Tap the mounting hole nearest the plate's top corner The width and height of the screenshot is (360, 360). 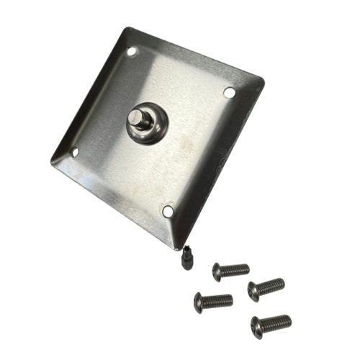[x=132, y=51]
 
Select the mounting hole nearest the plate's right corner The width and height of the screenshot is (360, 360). [x=229, y=92]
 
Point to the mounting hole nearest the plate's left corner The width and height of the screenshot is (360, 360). [x=73, y=152]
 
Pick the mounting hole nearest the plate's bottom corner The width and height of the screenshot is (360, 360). [x=168, y=211]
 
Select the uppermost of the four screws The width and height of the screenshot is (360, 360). [x=230, y=271]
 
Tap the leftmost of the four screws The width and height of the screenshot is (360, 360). [x=213, y=300]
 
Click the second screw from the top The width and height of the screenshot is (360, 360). [x=266, y=289]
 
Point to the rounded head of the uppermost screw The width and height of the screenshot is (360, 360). [x=217, y=271]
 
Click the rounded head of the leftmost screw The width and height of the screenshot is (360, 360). [x=199, y=302]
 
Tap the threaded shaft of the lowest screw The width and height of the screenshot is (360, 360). [x=278, y=321]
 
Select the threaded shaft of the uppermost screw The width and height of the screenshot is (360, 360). [x=237, y=270]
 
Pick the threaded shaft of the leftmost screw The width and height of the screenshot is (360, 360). [x=219, y=300]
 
